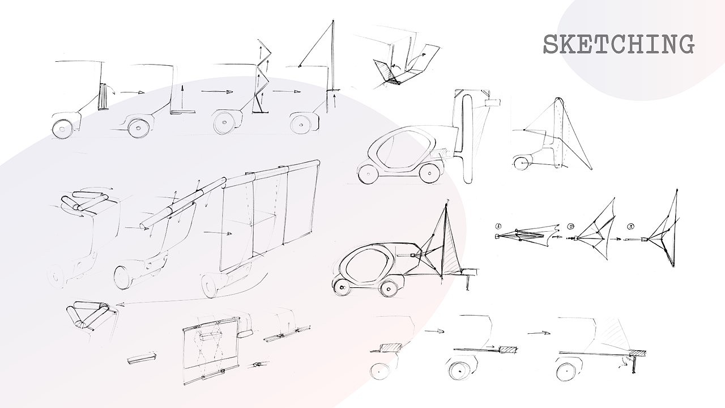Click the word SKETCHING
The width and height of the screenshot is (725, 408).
tap(619, 44)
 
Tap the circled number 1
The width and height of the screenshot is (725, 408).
tap(498, 226)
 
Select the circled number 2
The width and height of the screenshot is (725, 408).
tap(570, 226)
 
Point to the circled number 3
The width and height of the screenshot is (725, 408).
tap(630, 226)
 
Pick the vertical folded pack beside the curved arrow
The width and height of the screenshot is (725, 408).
tap(104, 96)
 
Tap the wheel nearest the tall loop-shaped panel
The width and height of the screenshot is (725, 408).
tap(431, 173)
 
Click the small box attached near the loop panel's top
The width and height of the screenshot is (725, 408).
tap(493, 103)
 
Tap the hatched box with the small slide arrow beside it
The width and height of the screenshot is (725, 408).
tap(508, 350)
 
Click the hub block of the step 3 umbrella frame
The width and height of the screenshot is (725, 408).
tap(644, 240)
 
